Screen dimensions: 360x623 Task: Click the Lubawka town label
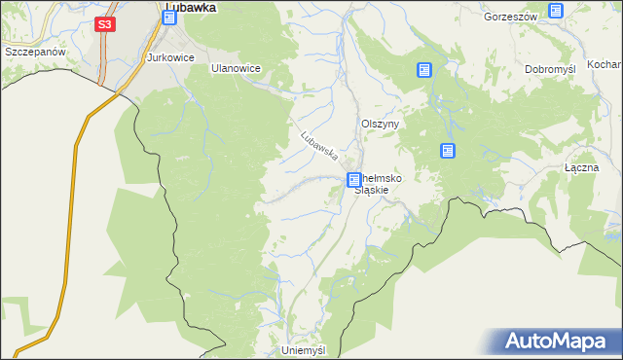tap(190, 6)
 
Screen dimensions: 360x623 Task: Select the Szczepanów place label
tap(33, 51)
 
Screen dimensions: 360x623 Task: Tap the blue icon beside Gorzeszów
tap(555, 12)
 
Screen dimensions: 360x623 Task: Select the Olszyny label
tap(381, 125)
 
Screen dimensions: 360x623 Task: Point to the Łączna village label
tap(581, 167)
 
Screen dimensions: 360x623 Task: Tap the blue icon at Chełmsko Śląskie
tap(354, 180)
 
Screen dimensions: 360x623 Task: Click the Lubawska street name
tap(319, 145)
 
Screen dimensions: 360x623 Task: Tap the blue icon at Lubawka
tap(169, 17)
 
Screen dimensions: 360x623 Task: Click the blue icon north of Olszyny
tap(424, 70)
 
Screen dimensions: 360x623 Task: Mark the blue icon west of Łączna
tap(447, 151)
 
